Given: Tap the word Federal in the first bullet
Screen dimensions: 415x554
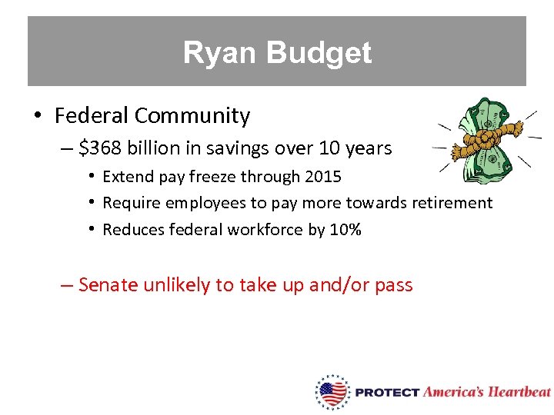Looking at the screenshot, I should [x=92, y=116].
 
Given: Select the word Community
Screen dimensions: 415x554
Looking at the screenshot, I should [x=192, y=116].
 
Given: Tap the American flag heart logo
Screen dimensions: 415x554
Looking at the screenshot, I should [x=333, y=393].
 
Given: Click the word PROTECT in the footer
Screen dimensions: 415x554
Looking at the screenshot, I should [x=387, y=393].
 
